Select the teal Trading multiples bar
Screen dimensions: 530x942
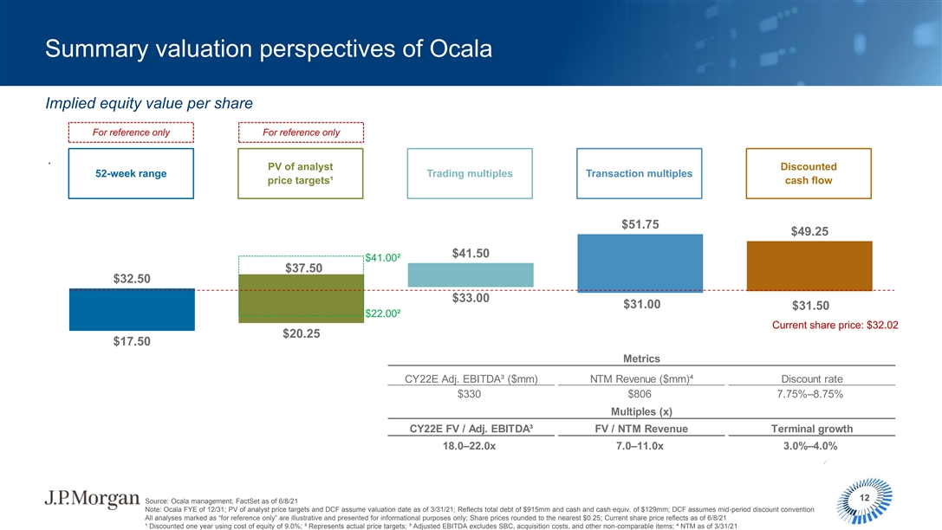tap(471, 275)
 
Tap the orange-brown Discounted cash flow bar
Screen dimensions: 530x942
tap(809, 266)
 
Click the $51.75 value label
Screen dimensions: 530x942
tap(640, 224)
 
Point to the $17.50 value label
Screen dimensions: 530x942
tap(132, 341)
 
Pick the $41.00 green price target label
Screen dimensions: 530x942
tap(382, 257)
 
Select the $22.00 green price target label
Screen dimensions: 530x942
tap(382, 313)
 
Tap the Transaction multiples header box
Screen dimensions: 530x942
tap(640, 173)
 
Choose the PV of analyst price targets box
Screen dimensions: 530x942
tap(302, 173)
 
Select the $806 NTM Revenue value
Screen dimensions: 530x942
tap(640, 394)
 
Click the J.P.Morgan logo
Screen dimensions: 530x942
tap(91, 500)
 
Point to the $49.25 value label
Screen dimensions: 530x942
tap(809, 231)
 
